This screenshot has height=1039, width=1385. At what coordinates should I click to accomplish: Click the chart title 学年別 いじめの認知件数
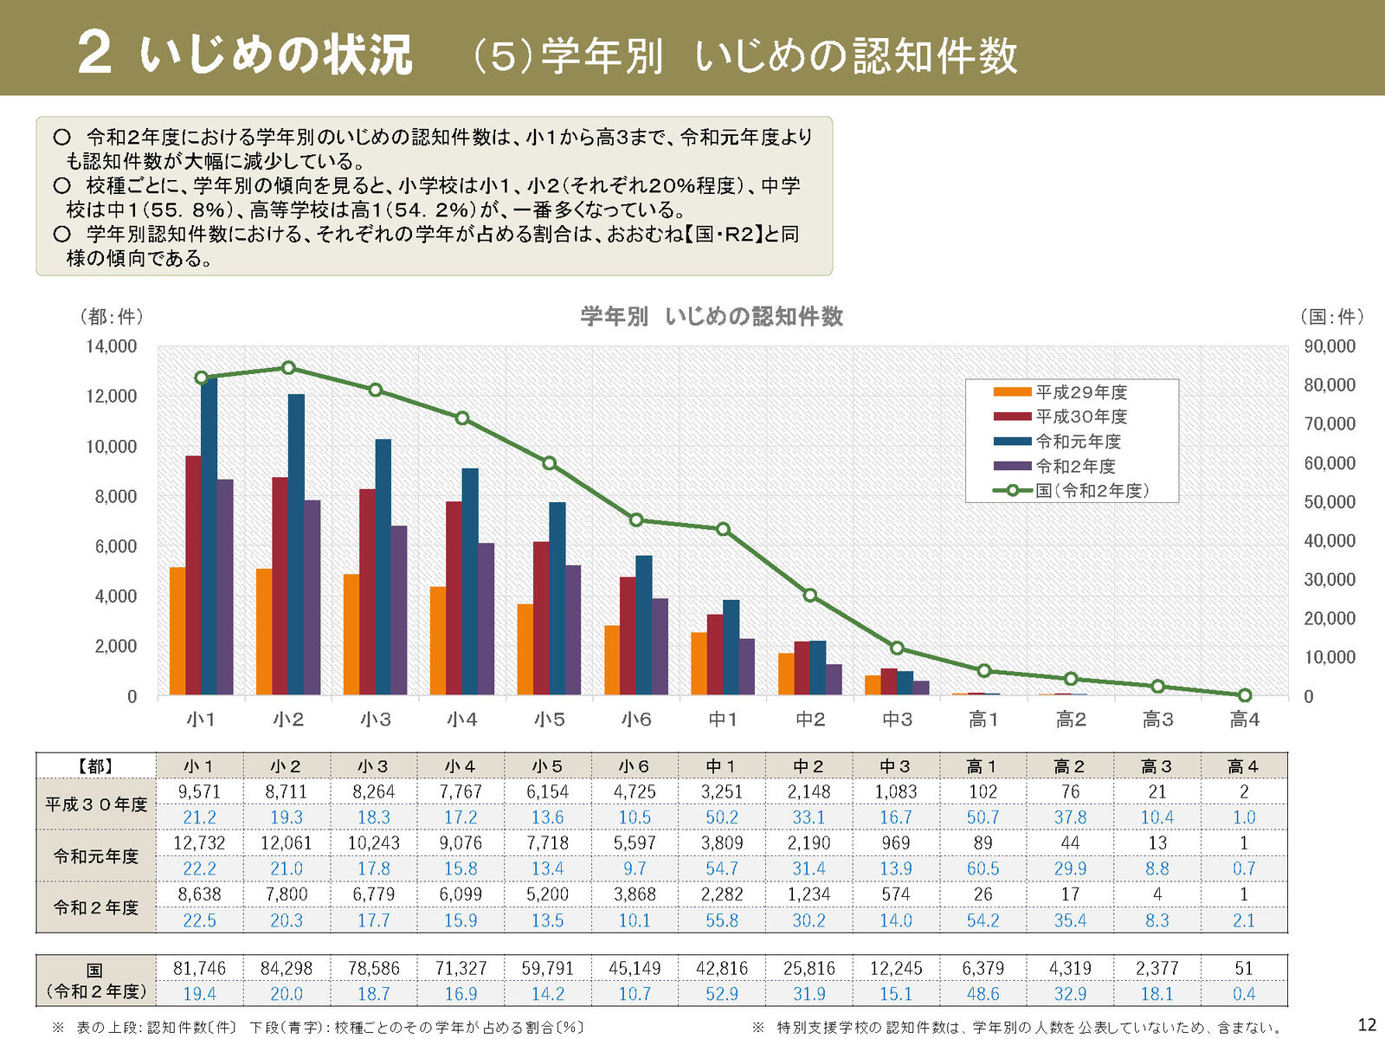pos(712,317)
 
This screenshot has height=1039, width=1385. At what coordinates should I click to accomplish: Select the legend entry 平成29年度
pos(1081,392)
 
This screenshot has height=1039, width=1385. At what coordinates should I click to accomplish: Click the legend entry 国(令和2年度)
pos(1092,491)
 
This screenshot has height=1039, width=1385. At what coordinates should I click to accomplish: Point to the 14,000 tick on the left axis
pos(111,346)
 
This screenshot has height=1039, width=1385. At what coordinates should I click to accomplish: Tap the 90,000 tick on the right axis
pos(1330,346)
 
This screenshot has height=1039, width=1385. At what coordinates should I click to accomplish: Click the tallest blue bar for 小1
pos(209,537)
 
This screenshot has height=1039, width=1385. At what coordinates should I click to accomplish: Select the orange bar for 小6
pos(612,660)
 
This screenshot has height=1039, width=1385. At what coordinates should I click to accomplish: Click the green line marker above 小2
pos(288,368)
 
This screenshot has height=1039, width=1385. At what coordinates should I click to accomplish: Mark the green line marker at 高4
pos(1245,695)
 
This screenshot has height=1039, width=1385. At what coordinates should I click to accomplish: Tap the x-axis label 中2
pos(810,720)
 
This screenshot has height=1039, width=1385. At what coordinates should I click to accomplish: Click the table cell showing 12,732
pos(199,843)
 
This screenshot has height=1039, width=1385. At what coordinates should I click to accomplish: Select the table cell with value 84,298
pos(287,968)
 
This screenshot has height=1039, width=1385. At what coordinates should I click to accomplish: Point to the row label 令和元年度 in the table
pos(96,856)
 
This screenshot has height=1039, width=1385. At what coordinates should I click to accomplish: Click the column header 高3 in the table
pos(1156,766)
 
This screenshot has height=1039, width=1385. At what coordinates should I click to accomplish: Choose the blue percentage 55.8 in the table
pos(722,920)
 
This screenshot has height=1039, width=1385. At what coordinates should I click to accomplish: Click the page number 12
pos(1367,1025)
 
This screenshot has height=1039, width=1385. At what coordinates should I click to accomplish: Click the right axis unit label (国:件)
pos(1331,317)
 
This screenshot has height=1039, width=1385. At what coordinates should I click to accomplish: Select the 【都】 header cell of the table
pos(96,766)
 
